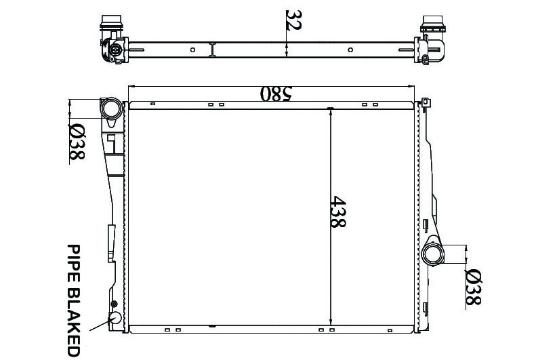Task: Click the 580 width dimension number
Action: click(276, 94)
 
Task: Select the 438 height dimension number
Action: click(338, 212)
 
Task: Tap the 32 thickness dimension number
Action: click(293, 20)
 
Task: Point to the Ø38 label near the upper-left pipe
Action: click(77, 142)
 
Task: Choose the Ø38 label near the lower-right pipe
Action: click(474, 287)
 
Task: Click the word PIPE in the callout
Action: click(73, 263)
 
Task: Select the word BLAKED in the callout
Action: click(73, 322)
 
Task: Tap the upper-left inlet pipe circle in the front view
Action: click(111, 108)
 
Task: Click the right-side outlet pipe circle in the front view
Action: click(432, 254)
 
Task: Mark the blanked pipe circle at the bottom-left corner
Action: click(115, 318)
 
